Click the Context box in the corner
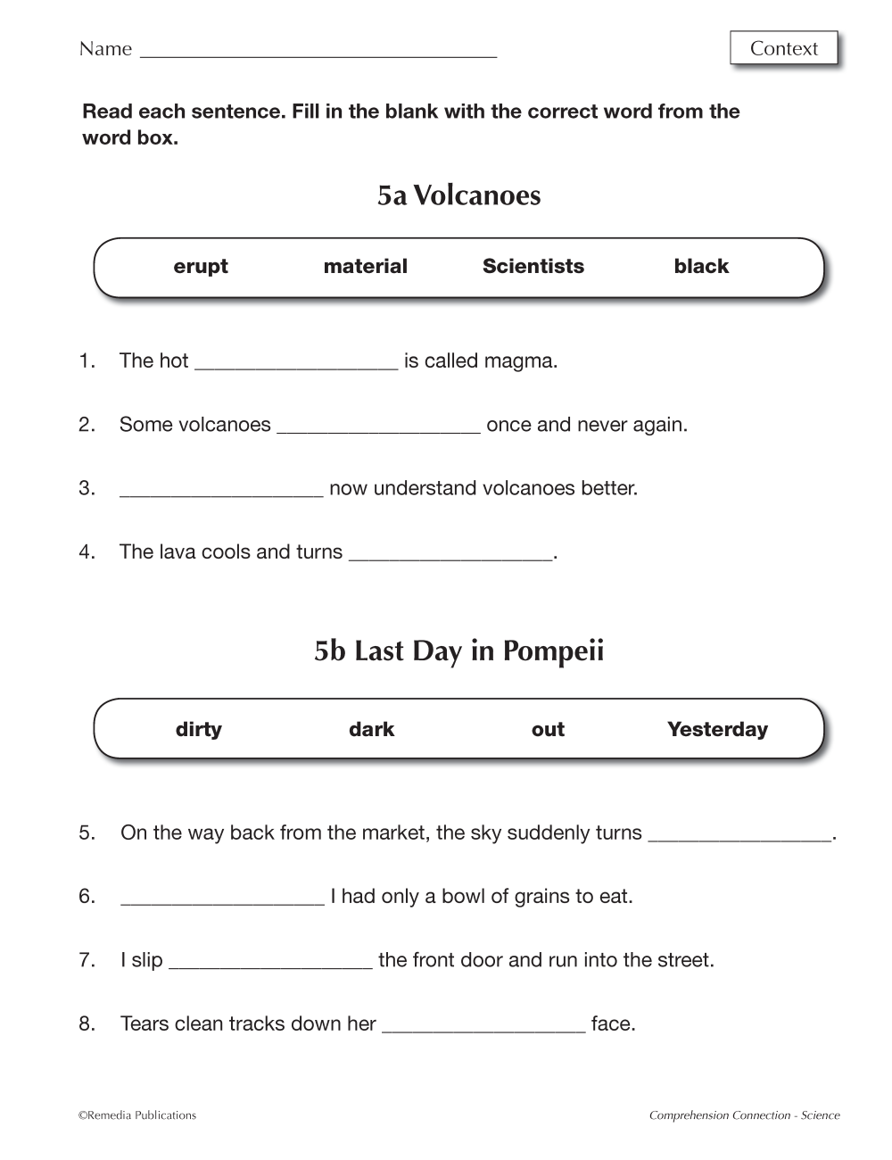tap(784, 48)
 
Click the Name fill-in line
tap(318, 52)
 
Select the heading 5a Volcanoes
tap(458, 195)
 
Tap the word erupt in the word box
tap(201, 266)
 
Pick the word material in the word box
tap(365, 266)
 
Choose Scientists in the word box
tap(533, 266)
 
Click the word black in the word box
tap(701, 266)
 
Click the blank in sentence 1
tap(295, 362)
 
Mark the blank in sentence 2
tap(378, 426)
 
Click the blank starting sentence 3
tap(220, 490)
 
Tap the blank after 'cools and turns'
tap(450, 553)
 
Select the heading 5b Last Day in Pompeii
tap(458, 650)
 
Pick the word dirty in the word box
tap(199, 729)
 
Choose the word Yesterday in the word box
tap(717, 729)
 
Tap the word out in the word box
tap(548, 729)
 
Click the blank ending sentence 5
tap(739, 834)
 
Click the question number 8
tap(87, 1023)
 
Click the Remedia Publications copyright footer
tap(137, 1114)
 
